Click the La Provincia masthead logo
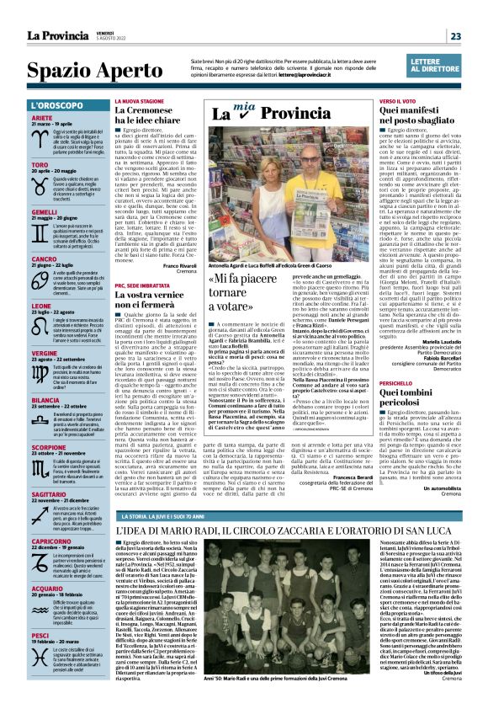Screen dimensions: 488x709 pos(56,35)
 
